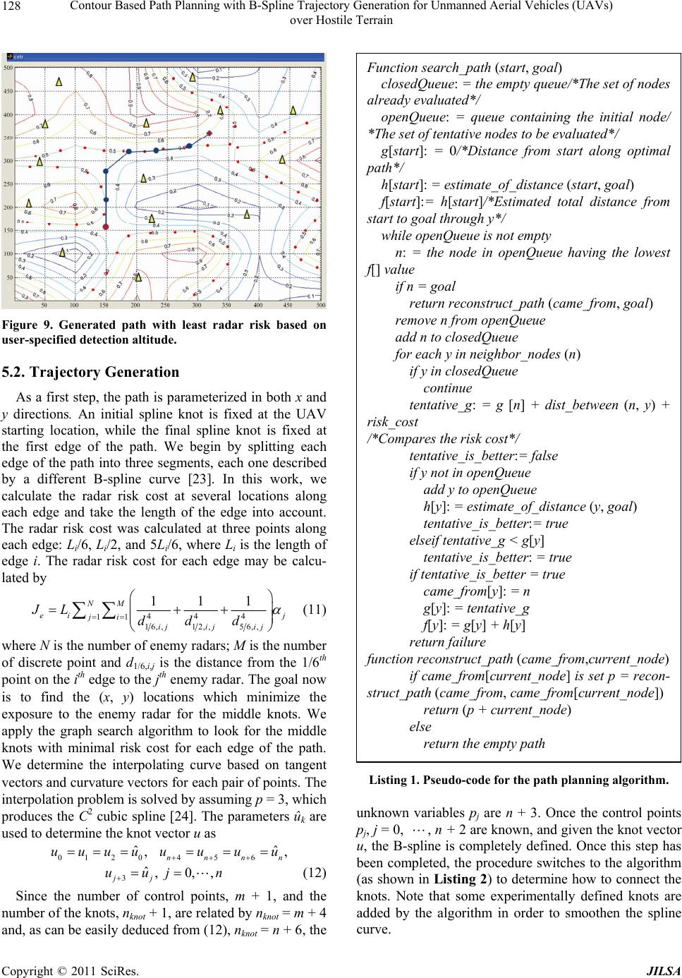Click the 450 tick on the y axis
(8, 91)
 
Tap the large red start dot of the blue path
(106, 227)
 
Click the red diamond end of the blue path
(192, 145)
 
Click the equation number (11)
(313, 607)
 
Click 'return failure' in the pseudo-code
(447, 642)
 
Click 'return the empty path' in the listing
(484, 743)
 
